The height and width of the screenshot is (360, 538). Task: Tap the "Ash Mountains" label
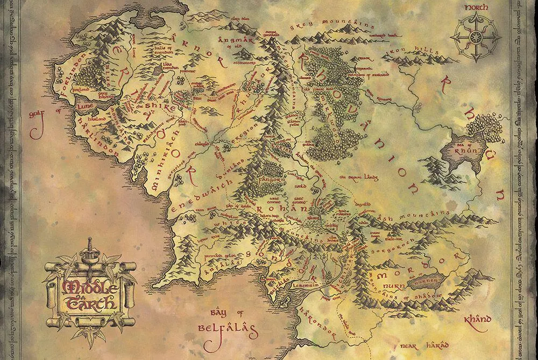414,215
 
